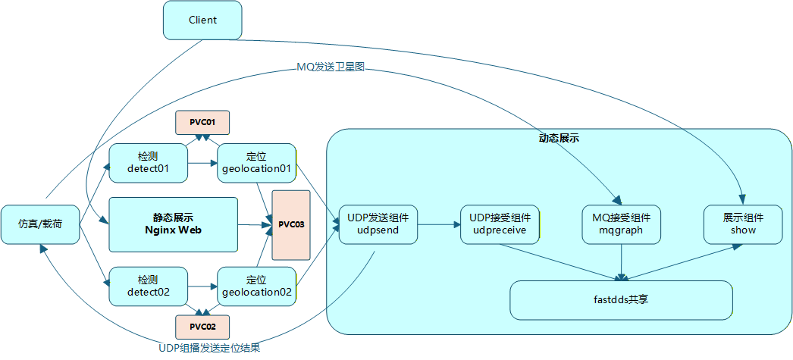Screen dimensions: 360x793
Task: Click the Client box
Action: pyautogui.click(x=202, y=20)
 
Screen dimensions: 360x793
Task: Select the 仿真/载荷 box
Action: pyautogui.click(x=40, y=224)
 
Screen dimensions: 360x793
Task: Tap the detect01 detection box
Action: pyautogui.click(x=148, y=162)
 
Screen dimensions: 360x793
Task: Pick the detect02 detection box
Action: pyautogui.click(x=148, y=286)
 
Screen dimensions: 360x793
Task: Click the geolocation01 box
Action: pyautogui.click(x=256, y=162)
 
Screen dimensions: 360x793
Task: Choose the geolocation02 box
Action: pyautogui.click(x=256, y=286)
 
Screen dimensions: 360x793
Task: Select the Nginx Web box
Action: pyautogui.click(x=172, y=224)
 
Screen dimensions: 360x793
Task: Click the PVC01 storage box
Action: pyautogui.click(x=202, y=122)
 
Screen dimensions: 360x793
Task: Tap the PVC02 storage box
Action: pyautogui.click(x=202, y=327)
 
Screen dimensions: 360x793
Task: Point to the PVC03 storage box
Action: pyautogui.click(x=291, y=224)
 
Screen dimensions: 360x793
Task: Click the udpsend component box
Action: pyautogui.click(x=378, y=224)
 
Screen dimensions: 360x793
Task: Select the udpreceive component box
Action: pyautogui.click(x=500, y=224)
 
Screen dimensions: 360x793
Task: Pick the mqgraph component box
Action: pyautogui.click(x=622, y=224)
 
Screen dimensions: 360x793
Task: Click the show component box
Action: pyautogui.click(x=743, y=224)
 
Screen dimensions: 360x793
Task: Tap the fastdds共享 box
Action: pyautogui.click(x=622, y=300)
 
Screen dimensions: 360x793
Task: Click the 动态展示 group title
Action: pyautogui.click(x=559, y=139)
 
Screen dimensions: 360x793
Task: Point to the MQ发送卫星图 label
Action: pyautogui.click(x=331, y=67)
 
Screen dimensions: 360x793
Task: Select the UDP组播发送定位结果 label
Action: pyautogui.click(x=215, y=349)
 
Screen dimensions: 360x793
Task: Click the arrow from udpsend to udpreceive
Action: pyautogui.click(x=438, y=224)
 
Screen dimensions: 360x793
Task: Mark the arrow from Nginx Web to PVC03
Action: pyautogui.click(x=253, y=224)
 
